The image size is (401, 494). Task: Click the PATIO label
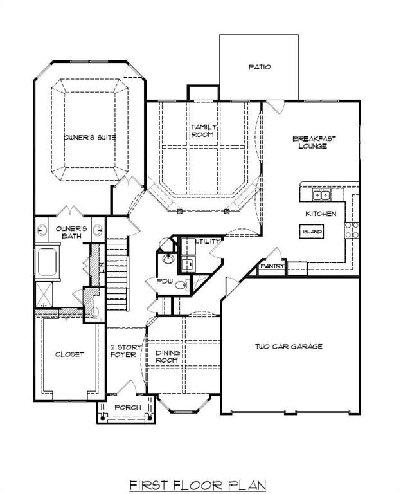pyautogui.click(x=259, y=67)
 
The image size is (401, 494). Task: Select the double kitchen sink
pyautogui.click(x=321, y=195)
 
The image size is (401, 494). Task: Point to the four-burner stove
pyautogui.click(x=352, y=230)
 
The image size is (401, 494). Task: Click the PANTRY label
pyautogui.click(x=272, y=266)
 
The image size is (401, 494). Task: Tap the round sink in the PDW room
pyautogui.click(x=168, y=260)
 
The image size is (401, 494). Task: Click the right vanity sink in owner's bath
pyautogui.click(x=98, y=230)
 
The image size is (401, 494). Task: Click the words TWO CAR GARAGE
pyautogui.click(x=288, y=347)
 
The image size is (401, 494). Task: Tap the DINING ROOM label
pyautogui.click(x=168, y=356)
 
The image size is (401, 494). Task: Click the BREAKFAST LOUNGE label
pyautogui.click(x=314, y=142)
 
